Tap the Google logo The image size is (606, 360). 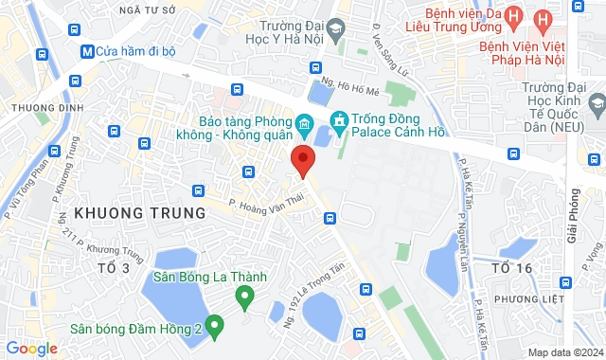pyautogui.click(x=31, y=349)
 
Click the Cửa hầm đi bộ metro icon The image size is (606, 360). pyautogui.click(x=87, y=50)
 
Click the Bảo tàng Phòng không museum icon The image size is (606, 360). pyautogui.click(x=305, y=123)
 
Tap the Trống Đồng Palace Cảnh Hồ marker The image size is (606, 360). pyautogui.click(x=337, y=120)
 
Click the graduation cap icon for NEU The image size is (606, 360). pyautogui.click(x=597, y=101)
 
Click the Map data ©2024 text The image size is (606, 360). pyautogui.click(x=564, y=352)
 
